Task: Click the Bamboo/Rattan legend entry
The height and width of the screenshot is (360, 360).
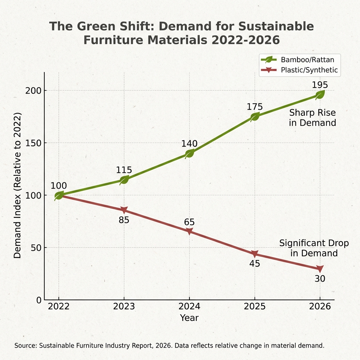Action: pos(299,59)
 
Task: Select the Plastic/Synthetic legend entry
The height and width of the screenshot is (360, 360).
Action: pos(299,70)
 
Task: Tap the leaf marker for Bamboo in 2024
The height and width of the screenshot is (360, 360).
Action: pos(189,153)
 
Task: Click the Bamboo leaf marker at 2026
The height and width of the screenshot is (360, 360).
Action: pos(320,95)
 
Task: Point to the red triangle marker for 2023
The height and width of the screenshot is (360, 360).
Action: pos(124,210)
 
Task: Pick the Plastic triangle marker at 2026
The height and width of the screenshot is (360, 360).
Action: pos(320,269)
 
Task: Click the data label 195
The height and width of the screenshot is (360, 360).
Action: pos(320,85)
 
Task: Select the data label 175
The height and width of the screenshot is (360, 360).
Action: pos(255,107)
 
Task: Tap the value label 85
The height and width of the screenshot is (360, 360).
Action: pos(124,220)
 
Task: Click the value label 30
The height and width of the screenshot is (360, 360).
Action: pos(320,279)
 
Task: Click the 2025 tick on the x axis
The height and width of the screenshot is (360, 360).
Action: pos(255,306)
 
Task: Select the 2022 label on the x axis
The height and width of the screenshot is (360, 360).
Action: pos(59,306)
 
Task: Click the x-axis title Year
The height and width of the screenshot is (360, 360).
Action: pos(189,318)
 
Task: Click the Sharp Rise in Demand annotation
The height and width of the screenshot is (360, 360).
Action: pos(312,118)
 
